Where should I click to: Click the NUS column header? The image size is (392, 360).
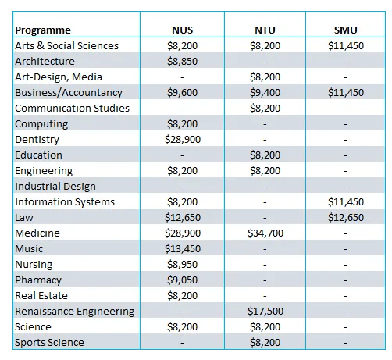182,30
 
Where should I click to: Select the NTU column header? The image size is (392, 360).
265,30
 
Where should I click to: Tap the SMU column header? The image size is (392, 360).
346,30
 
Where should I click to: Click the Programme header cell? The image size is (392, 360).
43,30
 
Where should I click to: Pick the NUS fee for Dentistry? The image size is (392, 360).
183,140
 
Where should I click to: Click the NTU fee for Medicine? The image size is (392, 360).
265,233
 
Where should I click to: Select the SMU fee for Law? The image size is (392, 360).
346,218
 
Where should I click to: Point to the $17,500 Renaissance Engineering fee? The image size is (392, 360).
265,312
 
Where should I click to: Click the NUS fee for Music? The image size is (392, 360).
183,249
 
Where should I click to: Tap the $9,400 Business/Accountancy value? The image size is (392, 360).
265,93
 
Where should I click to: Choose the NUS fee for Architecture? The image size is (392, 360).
183,62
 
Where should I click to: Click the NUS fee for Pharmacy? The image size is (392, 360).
183,280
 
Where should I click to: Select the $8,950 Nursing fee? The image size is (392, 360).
183,265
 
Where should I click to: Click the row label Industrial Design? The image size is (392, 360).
55,187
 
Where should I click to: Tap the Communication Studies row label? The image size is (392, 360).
72,109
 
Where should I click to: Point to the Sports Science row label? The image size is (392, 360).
49,343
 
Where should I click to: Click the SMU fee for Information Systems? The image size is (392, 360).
346,202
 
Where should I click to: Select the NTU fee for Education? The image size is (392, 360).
265,155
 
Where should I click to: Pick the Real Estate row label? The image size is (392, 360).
41,296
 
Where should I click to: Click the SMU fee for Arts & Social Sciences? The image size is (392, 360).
346,46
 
